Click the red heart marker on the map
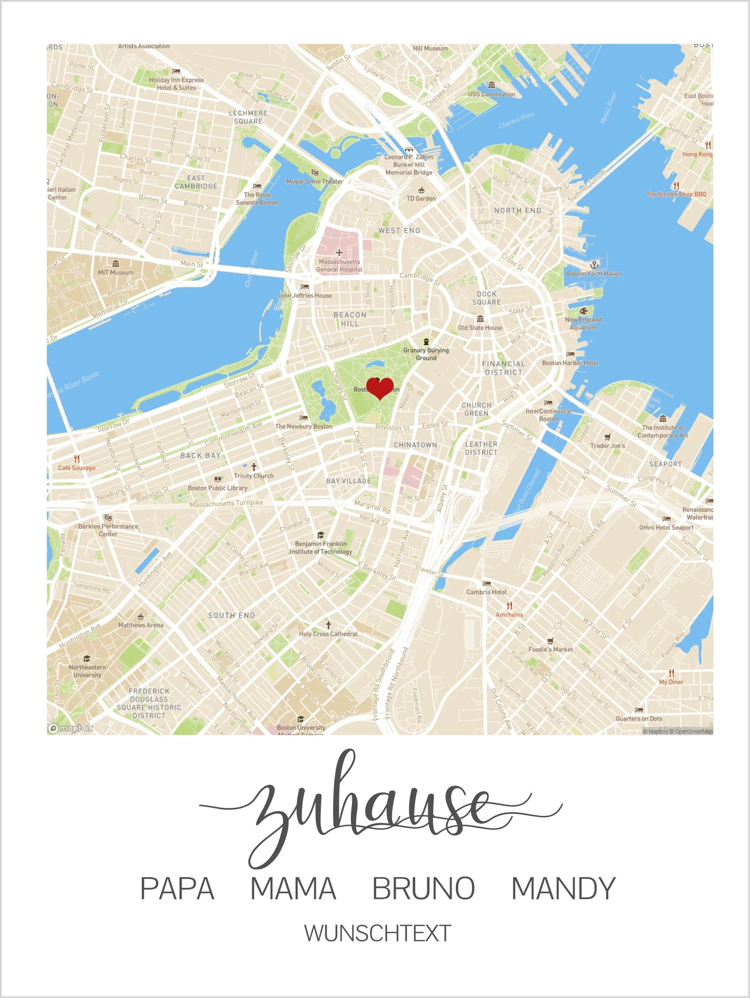pyautogui.click(x=380, y=388)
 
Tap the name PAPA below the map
pyautogui.click(x=177, y=888)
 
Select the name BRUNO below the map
pyautogui.click(x=424, y=888)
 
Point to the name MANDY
pyautogui.click(x=563, y=888)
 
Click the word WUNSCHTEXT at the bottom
pyautogui.click(x=377, y=933)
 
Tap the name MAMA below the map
pyautogui.click(x=293, y=888)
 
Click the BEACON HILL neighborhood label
pyautogui.click(x=350, y=319)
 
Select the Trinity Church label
pyautogui.click(x=253, y=476)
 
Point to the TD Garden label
pyautogui.click(x=421, y=198)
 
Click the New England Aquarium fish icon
pyautogui.click(x=583, y=311)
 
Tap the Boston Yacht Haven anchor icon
pyautogui.click(x=594, y=265)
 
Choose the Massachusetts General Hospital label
pyautogui.click(x=339, y=266)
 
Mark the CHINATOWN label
pyautogui.click(x=415, y=445)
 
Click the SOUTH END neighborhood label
pyautogui.click(x=231, y=616)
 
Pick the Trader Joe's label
pyautogui.click(x=607, y=446)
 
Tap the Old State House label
pyautogui.click(x=480, y=328)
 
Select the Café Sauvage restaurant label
pyautogui.click(x=77, y=468)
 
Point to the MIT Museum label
pyautogui.click(x=116, y=272)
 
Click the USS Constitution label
pyautogui.click(x=492, y=94)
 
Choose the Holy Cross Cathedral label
pyautogui.click(x=328, y=634)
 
